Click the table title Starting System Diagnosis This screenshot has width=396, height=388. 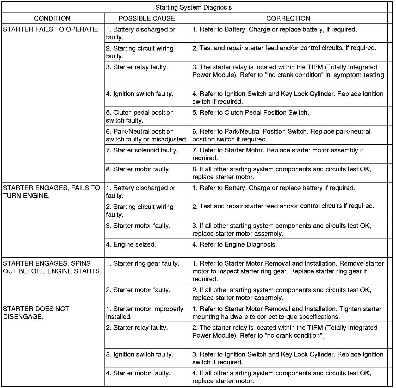click(x=193, y=7)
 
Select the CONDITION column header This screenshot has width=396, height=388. click(x=52, y=18)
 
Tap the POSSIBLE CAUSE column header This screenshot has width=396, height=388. click(x=147, y=18)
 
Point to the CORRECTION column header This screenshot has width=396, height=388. click(x=288, y=18)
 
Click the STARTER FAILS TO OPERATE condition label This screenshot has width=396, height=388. click(x=51, y=29)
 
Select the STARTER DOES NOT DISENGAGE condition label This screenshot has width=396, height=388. click(x=36, y=313)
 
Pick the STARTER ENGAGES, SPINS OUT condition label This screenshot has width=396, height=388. click(x=52, y=267)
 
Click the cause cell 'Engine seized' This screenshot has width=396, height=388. click(x=131, y=245)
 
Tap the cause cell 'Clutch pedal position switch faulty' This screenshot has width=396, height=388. click(x=140, y=116)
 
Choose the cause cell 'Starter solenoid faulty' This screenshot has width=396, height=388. click(x=142, y=150)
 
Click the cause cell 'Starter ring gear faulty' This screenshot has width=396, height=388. click(x=143, y=264)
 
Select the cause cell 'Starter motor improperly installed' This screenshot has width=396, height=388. click(x=145, y=313)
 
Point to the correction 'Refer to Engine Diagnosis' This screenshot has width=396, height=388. click(x=234, y=245)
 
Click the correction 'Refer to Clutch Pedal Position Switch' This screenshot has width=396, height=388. click(x=251, y=113)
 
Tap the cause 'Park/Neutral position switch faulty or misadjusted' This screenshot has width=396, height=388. click(x=147, y=135)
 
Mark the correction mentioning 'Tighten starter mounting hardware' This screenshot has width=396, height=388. click(x=287, y=313)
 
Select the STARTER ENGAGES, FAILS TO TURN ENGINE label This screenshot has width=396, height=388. click(x=51, y=192)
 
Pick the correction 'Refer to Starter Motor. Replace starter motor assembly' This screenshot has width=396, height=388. click(x=278, y=154)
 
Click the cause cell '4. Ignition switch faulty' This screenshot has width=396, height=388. click(x=140, y=94)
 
